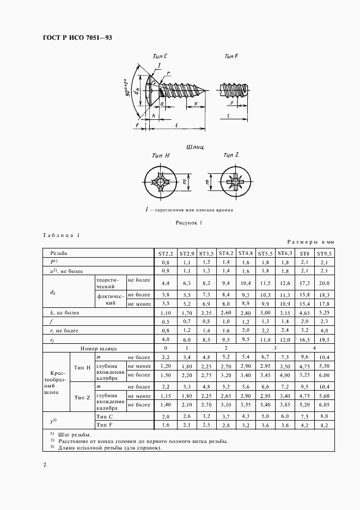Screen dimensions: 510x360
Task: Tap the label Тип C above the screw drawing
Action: coord(154,56)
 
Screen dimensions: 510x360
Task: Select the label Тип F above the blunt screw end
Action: coord(232,56)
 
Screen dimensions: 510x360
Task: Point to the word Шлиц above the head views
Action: coord(194,147)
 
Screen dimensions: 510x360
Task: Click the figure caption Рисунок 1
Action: coord(189,223)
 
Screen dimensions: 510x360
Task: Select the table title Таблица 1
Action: coord(61,235)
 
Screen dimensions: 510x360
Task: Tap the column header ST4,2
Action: coord(226,253)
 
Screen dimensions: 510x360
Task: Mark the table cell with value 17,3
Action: coord(305,283)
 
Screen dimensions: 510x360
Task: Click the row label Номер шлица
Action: coord(99,348)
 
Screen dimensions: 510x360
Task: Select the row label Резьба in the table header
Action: coord(59,253)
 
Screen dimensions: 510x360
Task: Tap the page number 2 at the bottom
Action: coord(45,465)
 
